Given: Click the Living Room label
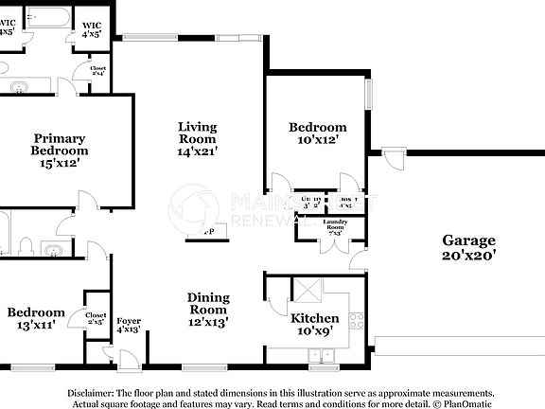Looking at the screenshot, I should pyautogui.click(x=197, y=138).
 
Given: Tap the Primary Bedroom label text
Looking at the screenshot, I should pyautogui.click(x=60, y=150).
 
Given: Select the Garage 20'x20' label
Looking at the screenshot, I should pyautogui.click(x=468, y=247).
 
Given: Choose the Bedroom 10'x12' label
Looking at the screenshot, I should pyautogui.click(x=317, y=133).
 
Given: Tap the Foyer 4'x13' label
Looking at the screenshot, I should pyautogui.click(x=129, y=325).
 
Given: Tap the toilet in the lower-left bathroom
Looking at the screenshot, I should pyautogui.click(x=26, y=247).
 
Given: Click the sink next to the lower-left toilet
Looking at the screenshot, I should pyautogui.click(x=55, y=251).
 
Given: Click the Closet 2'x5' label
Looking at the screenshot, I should pyautogui.click(x=96, y=319).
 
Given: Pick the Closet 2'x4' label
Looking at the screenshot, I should pyautogui.click(x=97, y=72).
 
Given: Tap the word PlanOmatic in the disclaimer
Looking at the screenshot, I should pyautogui.click(x=469, y=402).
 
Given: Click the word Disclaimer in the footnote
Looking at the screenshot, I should pyautogui.click(x=90, y=391).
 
